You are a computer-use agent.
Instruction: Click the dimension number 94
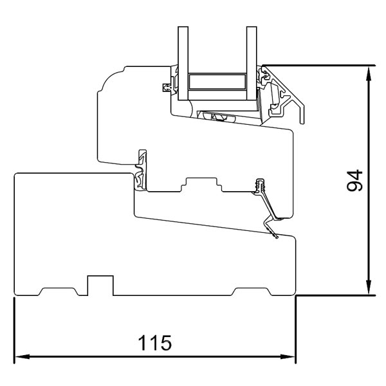[x=353, y=181]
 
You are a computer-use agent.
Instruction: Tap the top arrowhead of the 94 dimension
[x=368, y=71]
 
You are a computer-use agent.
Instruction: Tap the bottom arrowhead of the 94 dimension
[x=368, y=290]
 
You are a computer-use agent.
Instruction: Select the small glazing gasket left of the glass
[x=169, y=85]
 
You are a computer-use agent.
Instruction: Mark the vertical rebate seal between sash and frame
[x=140, y=170]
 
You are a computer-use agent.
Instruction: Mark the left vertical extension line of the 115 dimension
[x=14, y=328]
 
